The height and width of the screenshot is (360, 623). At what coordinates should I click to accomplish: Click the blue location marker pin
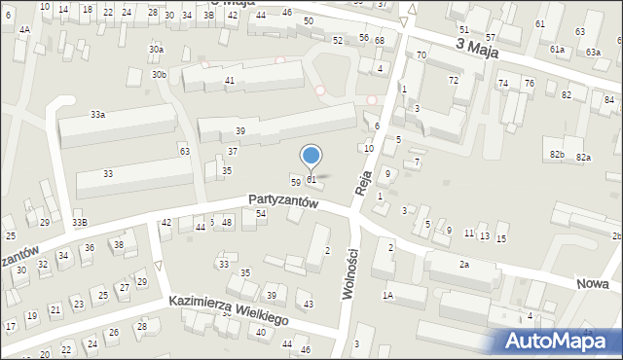tap(311, 157)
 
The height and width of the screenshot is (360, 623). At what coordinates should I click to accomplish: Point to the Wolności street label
tap(348, 279)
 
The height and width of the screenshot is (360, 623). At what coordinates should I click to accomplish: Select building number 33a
tap(97, 115)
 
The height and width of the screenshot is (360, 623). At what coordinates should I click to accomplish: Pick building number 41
tap(230, 80)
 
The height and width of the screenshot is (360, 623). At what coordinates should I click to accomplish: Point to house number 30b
tap(160, 74)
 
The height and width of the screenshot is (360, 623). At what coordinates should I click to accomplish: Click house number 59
tap(296, 182)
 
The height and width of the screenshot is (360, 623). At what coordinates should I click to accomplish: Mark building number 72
tap(453, 79)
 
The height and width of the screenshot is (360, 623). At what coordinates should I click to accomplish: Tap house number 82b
tap(557, 155)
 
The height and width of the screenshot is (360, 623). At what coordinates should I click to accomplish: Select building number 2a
tap(464, 265)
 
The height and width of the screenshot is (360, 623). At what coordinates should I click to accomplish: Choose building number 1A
tap(387, 295)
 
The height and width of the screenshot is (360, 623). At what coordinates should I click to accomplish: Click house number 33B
tap(79, 223)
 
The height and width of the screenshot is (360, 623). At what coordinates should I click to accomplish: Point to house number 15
tap(501, 238)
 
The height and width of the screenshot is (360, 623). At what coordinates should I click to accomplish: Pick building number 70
tap(421, 56)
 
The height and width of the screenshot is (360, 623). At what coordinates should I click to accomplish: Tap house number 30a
tap(156, 49)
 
